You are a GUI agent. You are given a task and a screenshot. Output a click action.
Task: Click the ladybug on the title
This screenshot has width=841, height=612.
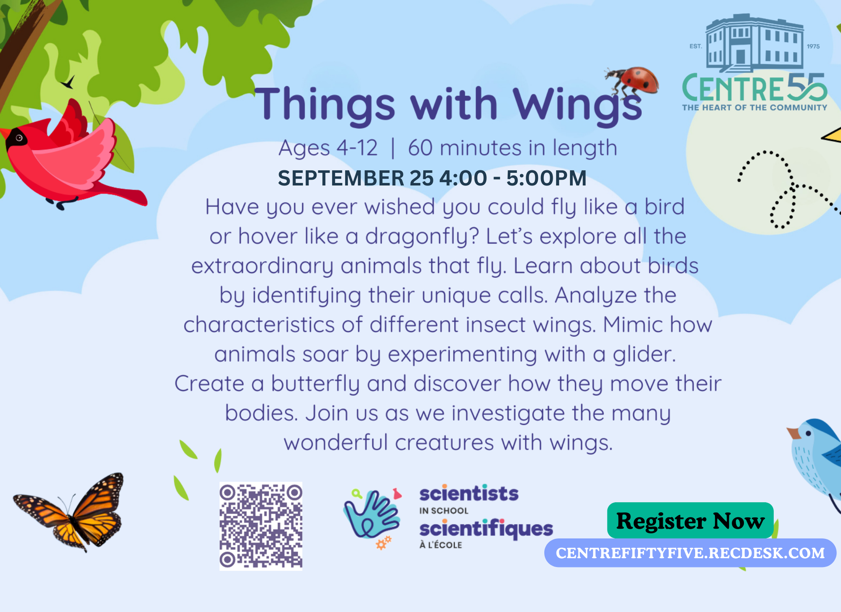(x=632, y=81)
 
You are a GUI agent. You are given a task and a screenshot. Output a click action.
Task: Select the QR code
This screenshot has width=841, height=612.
(x=261, y=526)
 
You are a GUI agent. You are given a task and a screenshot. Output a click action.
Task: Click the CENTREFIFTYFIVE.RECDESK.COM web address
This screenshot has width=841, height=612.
(x=690, y=553)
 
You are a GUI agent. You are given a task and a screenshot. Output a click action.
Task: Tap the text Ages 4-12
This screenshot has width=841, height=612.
(x=328, y=149)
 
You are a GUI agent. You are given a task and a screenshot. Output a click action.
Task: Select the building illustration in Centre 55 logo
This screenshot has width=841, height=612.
(x=754, y=43)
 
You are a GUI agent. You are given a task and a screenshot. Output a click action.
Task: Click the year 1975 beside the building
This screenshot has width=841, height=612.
(x=813, y=46)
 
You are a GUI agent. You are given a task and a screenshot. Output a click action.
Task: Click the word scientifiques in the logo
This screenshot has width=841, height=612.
(x=486, y=529)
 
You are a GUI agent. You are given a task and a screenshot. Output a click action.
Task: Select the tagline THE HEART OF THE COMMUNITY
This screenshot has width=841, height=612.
(x=755, y=108)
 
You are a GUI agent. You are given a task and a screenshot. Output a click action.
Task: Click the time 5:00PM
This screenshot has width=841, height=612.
(x=546, y=178)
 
